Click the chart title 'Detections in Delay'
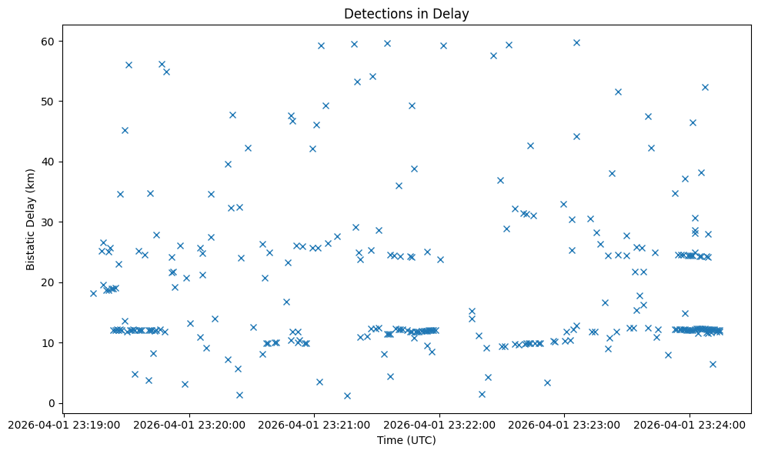click(x=406, y=14)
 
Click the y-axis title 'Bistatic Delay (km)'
click(x=31, y=219)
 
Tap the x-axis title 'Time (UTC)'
click(x=406, y=440)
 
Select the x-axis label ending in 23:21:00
click(x=314, y=424)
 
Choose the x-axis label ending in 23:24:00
click(x=690, y=424)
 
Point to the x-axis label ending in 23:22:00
click(x=439, y=424)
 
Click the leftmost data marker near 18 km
click(x=93, y=293)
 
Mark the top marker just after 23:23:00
click(x=576, y=42)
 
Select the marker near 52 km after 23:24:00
click(x=705, y=87)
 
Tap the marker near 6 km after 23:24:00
click(x=713, y=364)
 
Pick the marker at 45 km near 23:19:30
click(x=125, y=130)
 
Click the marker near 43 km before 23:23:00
click(x=530, y=145)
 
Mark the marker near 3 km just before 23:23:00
click(x=547, y=382)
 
